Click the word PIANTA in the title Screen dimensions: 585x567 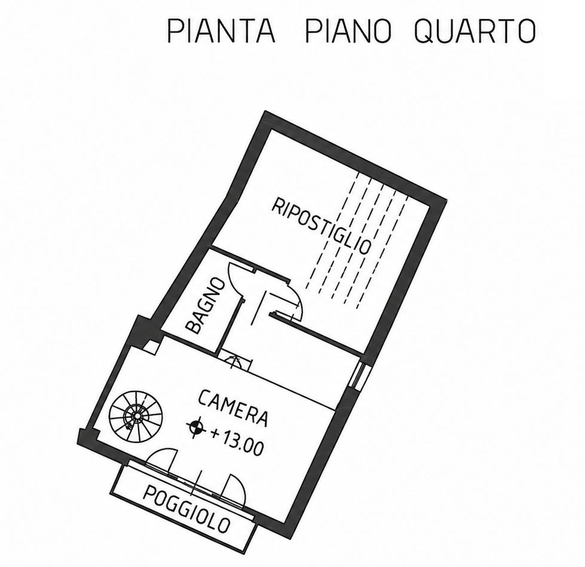221,30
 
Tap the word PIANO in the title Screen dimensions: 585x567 349,30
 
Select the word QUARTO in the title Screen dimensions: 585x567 475,30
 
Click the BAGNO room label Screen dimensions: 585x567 205,305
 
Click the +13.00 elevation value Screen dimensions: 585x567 237,441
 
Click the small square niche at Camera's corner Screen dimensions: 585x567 152,347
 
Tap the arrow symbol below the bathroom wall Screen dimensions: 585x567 234,361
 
